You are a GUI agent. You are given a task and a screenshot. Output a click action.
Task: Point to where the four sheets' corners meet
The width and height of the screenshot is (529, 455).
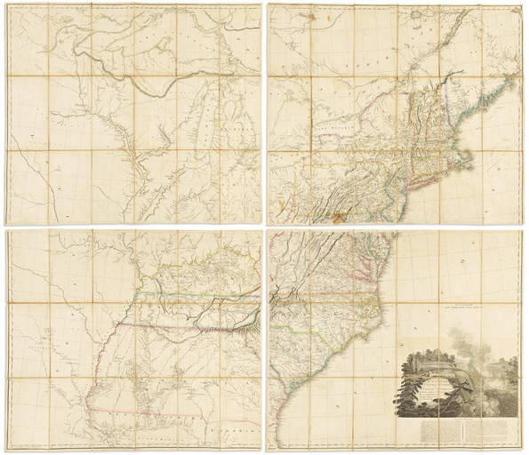coord(264,227)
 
